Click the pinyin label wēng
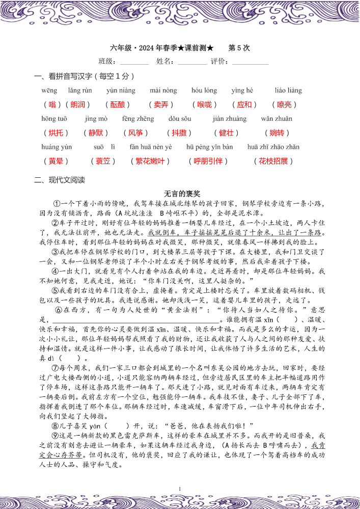coord(49,91)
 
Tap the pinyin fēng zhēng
coord(138,119)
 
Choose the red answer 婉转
coord(277,133)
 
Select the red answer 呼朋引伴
coord(209,161)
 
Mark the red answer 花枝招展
coord(273,161)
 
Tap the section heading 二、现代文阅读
coord(60,180)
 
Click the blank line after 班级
coord(134,62)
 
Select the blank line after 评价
coord(250,62)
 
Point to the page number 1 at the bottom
coord(180,489)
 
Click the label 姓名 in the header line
coord(166,62)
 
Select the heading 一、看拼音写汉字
coord(84,76)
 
